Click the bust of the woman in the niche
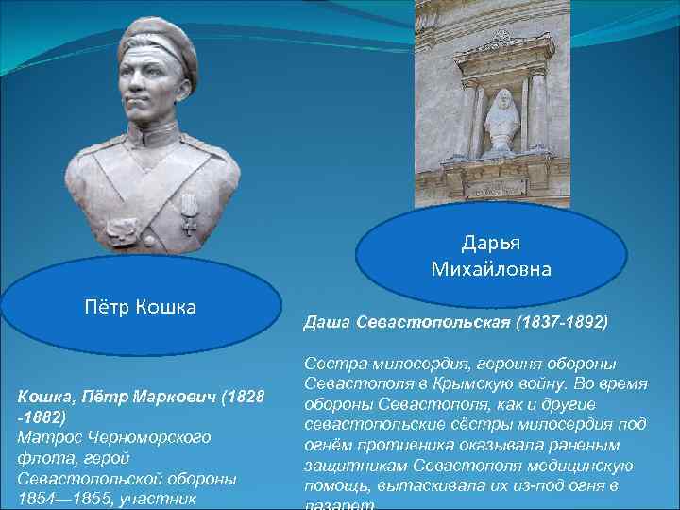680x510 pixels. tap(501, 122)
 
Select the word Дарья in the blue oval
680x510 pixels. tap(491, 244)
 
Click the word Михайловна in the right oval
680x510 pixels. tap(491, 270)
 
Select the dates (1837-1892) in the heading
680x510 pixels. tap(561, 323)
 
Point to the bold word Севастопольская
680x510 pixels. tap(432, 323)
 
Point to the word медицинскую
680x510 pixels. tap(595, 467)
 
